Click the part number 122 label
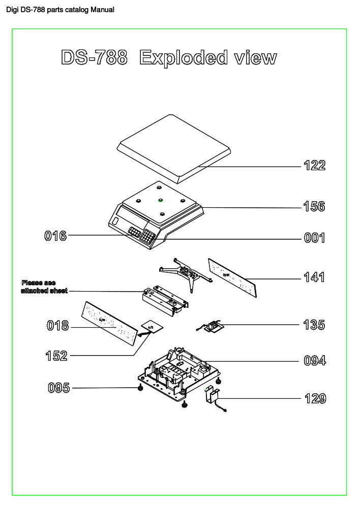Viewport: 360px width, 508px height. pos(314,166)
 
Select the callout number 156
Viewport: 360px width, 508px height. pos(314,207)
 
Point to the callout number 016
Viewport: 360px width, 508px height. pos(55,236)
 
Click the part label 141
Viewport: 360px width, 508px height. pos(314,278)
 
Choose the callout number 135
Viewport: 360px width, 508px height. pos(314,325)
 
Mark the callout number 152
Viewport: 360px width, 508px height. pos(56,356)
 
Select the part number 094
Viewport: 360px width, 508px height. pos(315,361)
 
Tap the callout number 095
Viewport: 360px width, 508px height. pos(58,388)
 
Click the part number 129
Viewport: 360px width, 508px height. pos(315,399)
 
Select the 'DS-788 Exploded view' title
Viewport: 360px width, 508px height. pos(168,57)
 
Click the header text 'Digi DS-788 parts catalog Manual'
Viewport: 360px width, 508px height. pos(60,10)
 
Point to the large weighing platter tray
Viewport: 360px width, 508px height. pos(174,147)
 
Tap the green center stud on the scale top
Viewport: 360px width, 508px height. pos(160,200)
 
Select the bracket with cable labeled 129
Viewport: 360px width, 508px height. pos(214,396)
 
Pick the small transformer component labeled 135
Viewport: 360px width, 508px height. pos(213,326)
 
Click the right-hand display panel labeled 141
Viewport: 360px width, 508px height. pos(232,277)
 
